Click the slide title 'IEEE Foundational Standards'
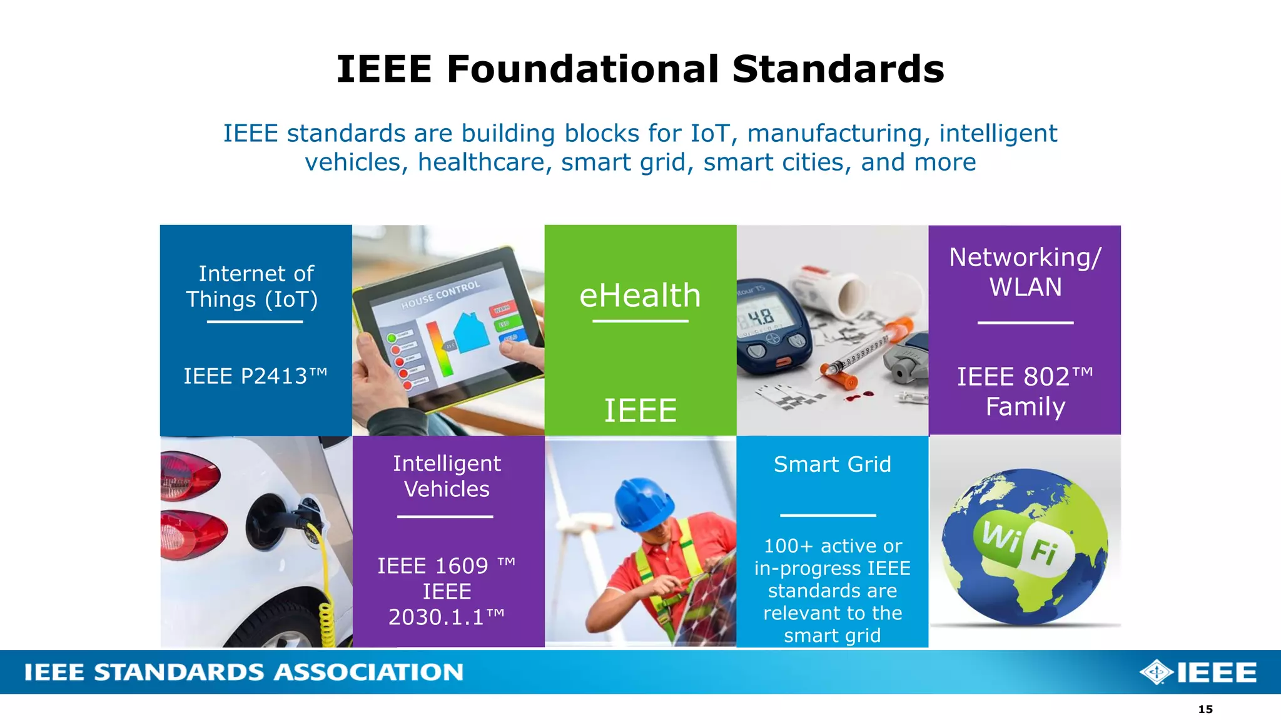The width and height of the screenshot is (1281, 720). point(640,69)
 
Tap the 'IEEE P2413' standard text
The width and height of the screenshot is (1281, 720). point(255,376)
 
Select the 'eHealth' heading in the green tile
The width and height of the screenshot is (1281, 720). point(640,295)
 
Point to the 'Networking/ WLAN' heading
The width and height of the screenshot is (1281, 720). point(1025,272)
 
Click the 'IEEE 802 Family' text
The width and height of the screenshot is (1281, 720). point(1025,391)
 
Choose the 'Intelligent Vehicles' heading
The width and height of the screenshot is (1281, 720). point(447,476)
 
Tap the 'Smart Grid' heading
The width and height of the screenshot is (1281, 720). point(832,464)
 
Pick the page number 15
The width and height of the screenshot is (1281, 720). point(1205,709)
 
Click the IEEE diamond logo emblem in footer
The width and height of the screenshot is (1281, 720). point(1157,672)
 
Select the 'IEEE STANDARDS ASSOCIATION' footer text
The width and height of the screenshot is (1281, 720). point(244,672)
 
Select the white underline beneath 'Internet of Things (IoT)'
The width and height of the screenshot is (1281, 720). point(255,322)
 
